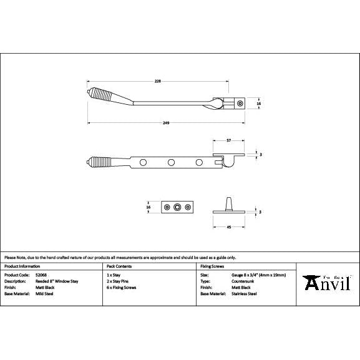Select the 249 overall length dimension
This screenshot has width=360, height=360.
pyautogui.click(x=166, y=123)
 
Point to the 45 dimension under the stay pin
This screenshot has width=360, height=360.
pyautogui.click(x=230, y=226)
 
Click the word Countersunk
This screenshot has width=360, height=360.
pyautogui.click(x=243, y=281)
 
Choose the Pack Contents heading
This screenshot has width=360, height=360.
pyautogui.click(x=119, y=266)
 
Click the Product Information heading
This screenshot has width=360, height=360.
pyautogui.click(x=22, y=266)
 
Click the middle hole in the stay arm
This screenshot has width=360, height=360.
pyautogui.click(x=170, y=163)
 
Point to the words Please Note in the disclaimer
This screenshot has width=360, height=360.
pyautogui.click(x=14, y=257)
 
